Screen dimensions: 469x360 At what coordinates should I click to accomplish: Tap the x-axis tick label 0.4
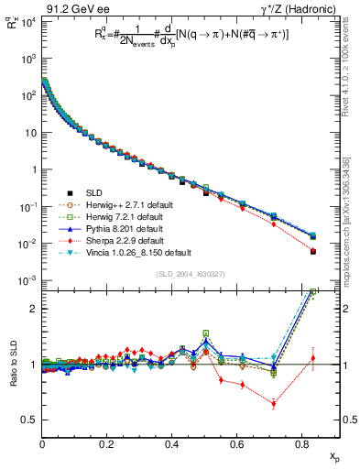[171, 443]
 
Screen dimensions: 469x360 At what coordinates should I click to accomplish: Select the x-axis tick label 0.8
[301, 443]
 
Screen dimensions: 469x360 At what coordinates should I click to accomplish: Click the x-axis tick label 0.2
[106, 443]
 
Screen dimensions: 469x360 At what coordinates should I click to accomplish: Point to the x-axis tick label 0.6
[236, 443]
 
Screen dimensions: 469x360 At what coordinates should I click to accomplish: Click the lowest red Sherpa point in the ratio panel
[273, 403]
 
